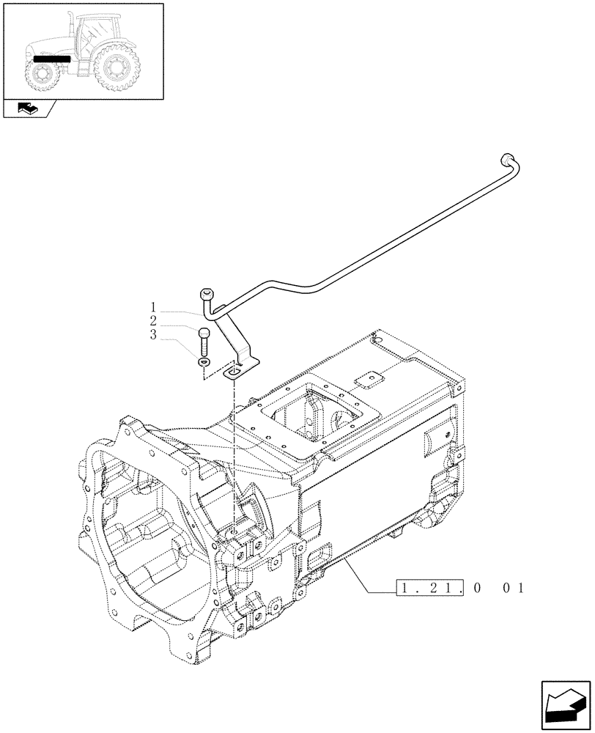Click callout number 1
coord(153,307)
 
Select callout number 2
coord(153,321)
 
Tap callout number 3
coord(153,335)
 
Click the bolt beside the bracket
coord(204,341)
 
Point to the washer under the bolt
coord(203,361)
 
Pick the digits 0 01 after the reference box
coord(504,587)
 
